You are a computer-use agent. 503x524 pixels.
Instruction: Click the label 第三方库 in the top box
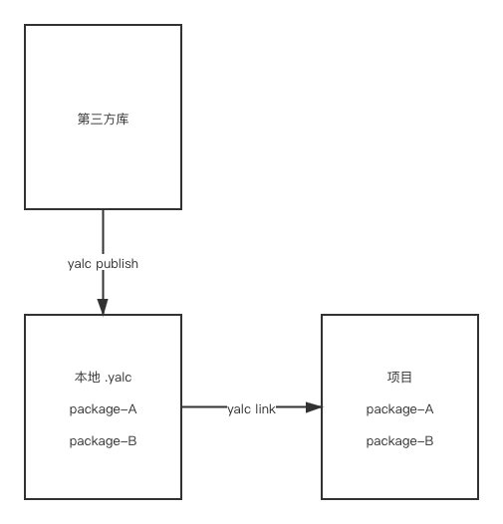[x=103, y=119]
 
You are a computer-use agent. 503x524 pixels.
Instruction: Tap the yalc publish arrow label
[x=103, y=264]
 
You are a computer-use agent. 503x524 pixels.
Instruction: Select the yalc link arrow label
[x=252, y=409]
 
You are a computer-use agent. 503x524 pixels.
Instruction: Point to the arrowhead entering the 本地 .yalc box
[x=103, y=307]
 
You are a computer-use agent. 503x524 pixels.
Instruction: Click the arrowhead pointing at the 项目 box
[x=314, y=407]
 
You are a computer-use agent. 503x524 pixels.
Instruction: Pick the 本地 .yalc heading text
[x=103, y=378]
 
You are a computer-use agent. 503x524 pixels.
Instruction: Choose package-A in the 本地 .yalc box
[x=103, y=409]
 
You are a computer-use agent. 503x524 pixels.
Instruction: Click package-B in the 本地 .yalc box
[x=103, y=441]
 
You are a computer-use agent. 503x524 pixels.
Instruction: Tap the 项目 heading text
[x=399, y=378]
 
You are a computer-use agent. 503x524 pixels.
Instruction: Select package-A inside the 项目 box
[x=399, y=409]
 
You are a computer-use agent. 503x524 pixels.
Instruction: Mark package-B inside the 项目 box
[x=399, y=441]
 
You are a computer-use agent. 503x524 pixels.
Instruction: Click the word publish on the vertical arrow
[x=117, y=264]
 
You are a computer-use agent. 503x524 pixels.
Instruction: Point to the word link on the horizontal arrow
[x=265, y=408]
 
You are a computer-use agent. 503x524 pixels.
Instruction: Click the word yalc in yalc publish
[x=80, y=264]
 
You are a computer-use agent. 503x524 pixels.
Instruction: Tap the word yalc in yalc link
[x=239, y=409]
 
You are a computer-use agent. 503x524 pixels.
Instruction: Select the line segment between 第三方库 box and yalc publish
[x=103, y=232]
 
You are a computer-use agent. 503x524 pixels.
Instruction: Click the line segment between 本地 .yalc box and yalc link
[x=204, y=407]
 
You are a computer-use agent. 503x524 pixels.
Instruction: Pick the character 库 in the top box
[x=123, y=119]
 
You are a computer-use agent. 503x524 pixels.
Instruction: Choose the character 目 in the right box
[x=406, y=378]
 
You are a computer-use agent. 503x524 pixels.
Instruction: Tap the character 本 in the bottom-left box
[x=81, y=378]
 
